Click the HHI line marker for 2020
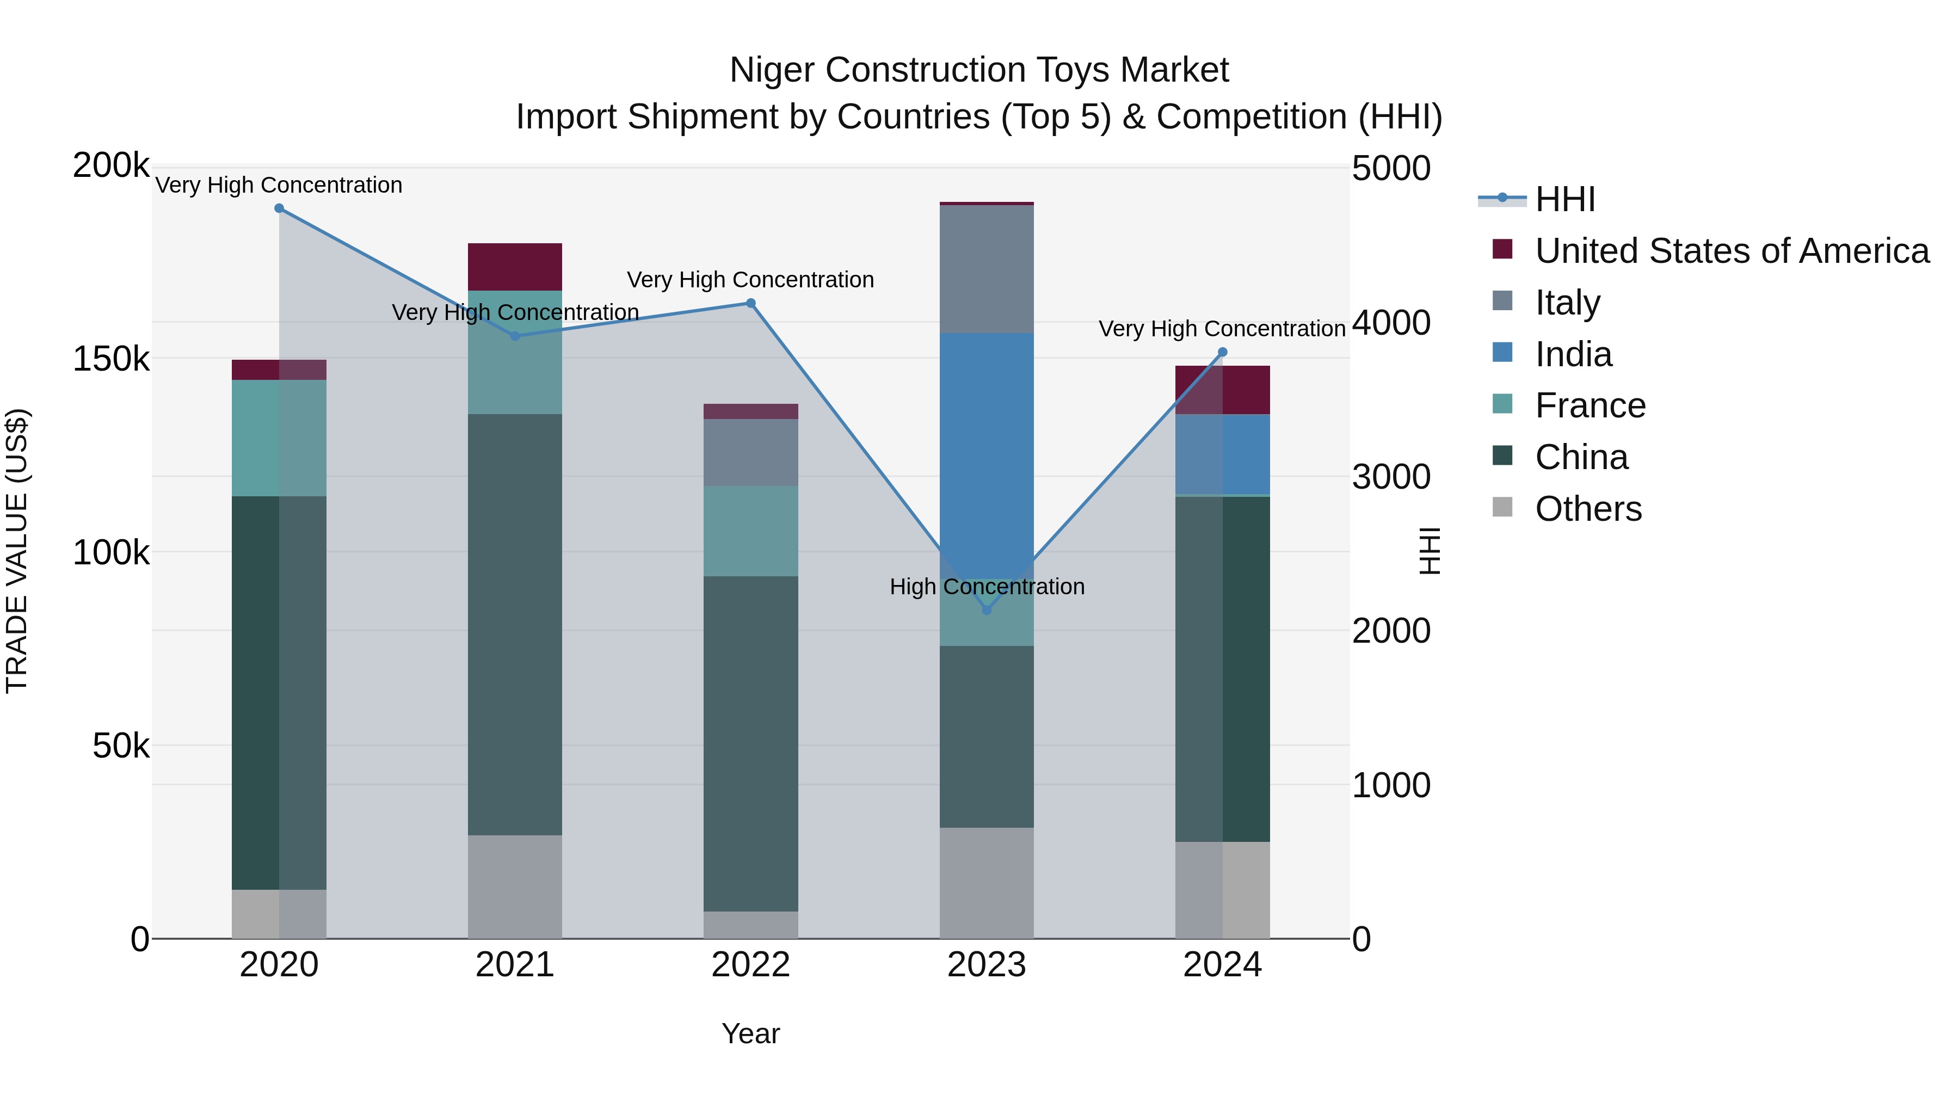(x=279, y=208)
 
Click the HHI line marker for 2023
(x=987, y=610)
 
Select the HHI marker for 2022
(x=750, y=304)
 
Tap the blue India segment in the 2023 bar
(x=987, y=449)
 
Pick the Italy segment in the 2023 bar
(x=987, y=269)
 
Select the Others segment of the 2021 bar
(x=515, y=887)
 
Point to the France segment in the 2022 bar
(x=750, y=531)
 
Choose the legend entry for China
(x=1581, y=457)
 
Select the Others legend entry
(x=1588, y=509)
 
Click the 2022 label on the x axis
(x=750, y=965)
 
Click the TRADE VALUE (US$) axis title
(x=17, y=551)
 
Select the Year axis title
(x=750, y=1033)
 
